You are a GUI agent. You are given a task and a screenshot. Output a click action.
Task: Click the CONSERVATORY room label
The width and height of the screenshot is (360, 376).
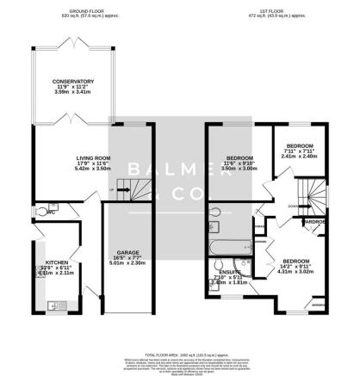[72, 82]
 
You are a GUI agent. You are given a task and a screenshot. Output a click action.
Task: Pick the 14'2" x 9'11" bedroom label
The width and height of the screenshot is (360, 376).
[295, 261]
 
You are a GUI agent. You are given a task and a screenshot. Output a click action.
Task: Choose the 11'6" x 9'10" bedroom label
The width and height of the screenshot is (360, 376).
[239, 158]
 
